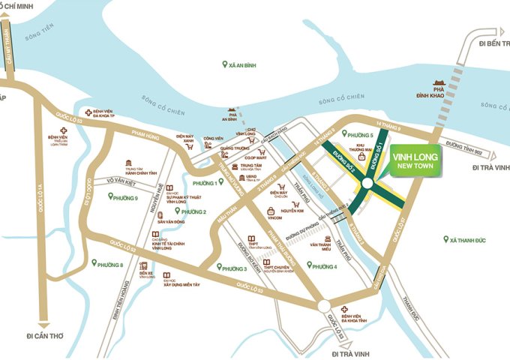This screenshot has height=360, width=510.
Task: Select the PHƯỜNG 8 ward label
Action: coord(110,264)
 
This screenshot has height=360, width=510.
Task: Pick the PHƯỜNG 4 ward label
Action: coord(324,266)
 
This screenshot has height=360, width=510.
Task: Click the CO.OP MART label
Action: coord(257,157)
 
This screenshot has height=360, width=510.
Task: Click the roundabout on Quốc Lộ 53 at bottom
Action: coord(323,306)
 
